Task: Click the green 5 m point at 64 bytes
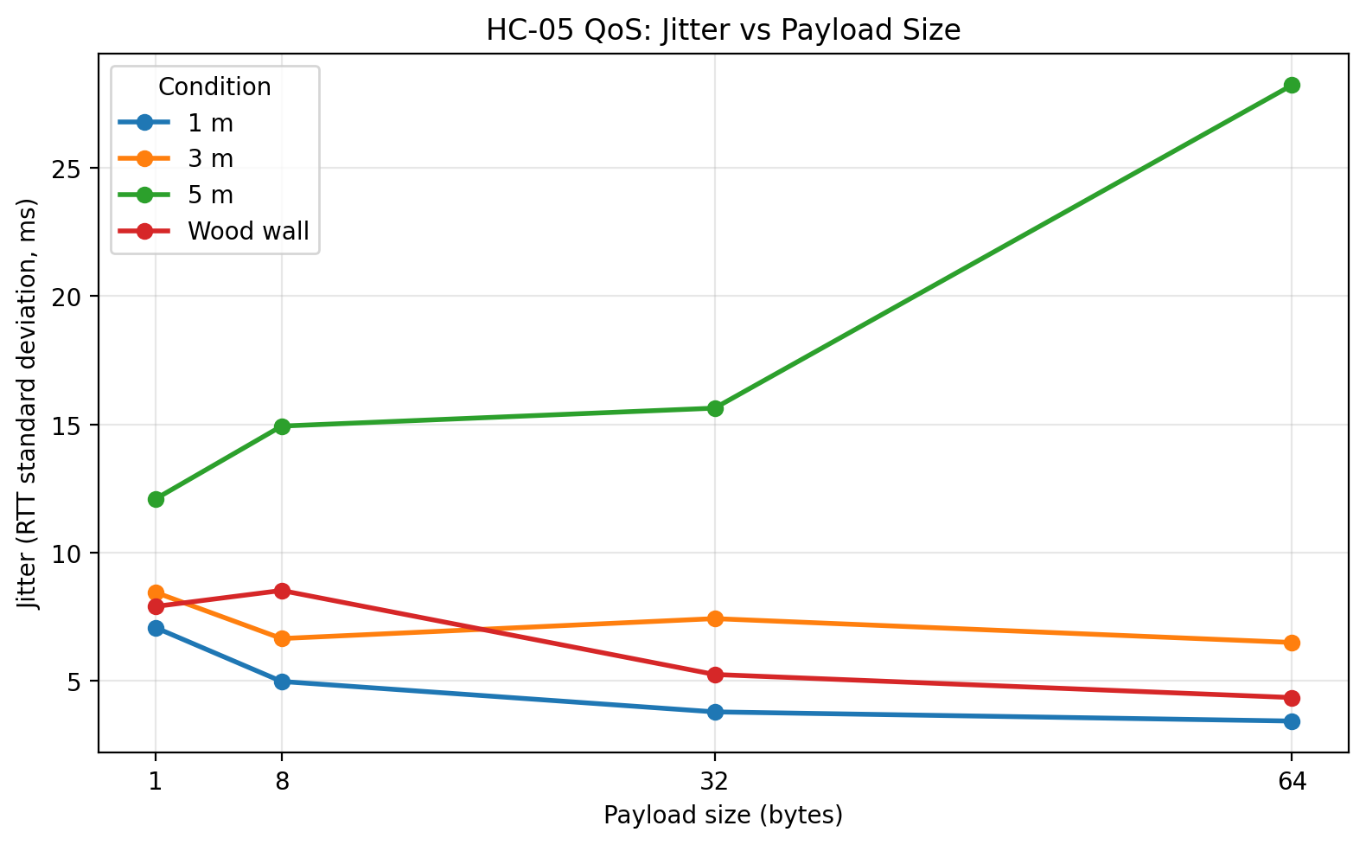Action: point(1292,85)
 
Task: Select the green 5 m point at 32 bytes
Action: point(715,408)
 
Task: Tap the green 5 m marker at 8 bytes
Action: point(282,426)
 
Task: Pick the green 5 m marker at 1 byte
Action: point(156,499)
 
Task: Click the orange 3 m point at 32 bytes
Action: point(715,618)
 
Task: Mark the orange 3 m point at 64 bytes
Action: point(1292,643)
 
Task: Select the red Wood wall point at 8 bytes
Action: point(282,591)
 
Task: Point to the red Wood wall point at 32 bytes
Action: point(715,675)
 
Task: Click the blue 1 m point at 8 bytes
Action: point(282,682)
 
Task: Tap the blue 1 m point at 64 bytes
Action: point(1292,721)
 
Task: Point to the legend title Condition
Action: point(214,87)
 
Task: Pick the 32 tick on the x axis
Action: point(715,782)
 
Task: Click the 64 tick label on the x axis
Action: point(1292,782)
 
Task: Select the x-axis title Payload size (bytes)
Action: point(723,816)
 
